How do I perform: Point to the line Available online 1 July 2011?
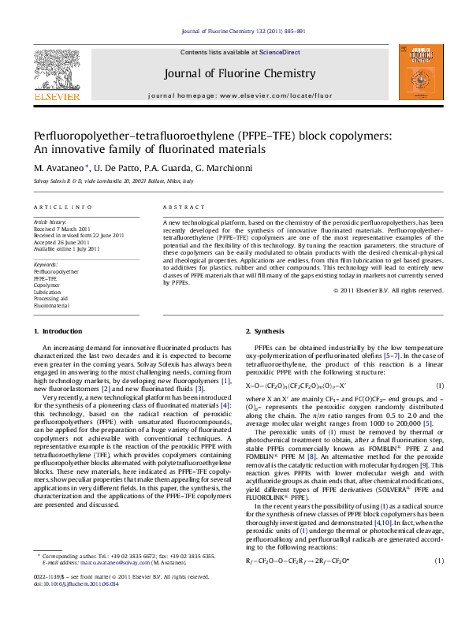(x=66, y=248)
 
